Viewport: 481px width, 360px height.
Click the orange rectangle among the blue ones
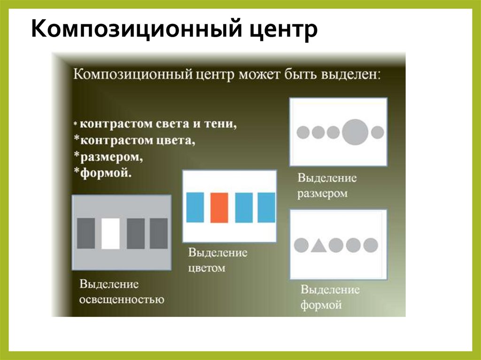point(218,207)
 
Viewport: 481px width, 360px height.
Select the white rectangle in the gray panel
point(110,233)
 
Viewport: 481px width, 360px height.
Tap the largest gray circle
point(355,132)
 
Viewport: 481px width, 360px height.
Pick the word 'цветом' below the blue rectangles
point(207,268)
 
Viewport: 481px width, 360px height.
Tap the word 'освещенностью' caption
point(122,299)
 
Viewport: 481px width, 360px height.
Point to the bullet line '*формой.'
point(102,172)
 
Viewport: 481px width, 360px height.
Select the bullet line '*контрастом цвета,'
point(133,140)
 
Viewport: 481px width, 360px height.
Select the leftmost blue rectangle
point(195,207)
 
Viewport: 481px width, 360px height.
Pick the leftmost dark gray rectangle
point(86,233)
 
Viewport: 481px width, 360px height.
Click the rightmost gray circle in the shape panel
point(371,245)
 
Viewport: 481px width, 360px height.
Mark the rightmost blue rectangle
point(266,207)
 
